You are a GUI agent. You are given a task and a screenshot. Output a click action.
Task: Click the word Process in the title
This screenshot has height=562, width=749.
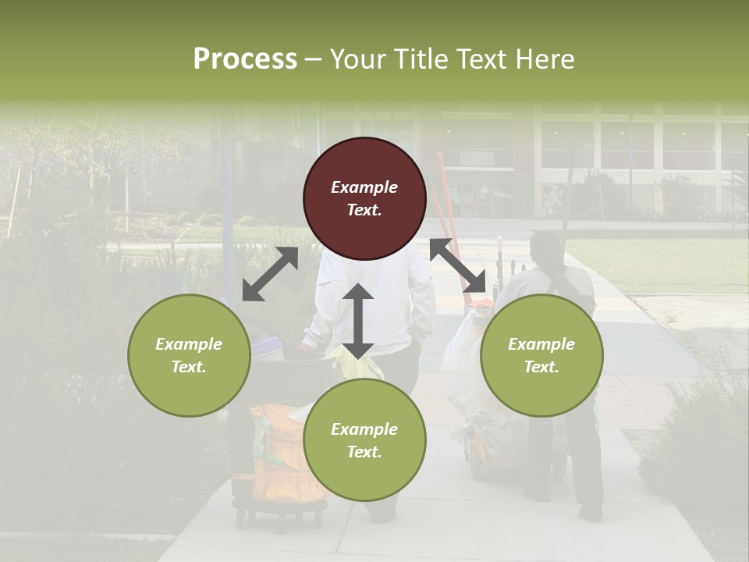tap(245, 59)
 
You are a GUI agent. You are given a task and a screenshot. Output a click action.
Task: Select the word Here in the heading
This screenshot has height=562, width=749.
tap(543, 59)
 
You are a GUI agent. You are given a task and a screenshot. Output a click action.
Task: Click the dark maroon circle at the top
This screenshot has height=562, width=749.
tap(364, 198)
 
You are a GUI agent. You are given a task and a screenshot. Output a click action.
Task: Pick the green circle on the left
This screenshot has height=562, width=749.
tap(189, 355)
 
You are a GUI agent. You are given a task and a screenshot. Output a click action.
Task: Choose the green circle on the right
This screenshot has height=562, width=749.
tap(541, 355)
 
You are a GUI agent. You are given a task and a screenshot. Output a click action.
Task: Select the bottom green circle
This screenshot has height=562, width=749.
tap(364, 440)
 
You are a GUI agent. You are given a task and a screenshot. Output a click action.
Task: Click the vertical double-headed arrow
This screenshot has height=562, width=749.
tap(358, 321)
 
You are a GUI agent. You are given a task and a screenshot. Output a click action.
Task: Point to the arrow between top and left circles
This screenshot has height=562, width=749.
tap(270, 274)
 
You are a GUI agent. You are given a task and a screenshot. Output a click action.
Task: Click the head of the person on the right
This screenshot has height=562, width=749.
tap(546, 248)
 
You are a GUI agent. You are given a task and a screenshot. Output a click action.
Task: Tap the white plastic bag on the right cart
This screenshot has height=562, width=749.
tap(460, 351)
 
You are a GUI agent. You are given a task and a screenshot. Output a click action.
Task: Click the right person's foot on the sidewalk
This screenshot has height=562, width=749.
tap(590, 512)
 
